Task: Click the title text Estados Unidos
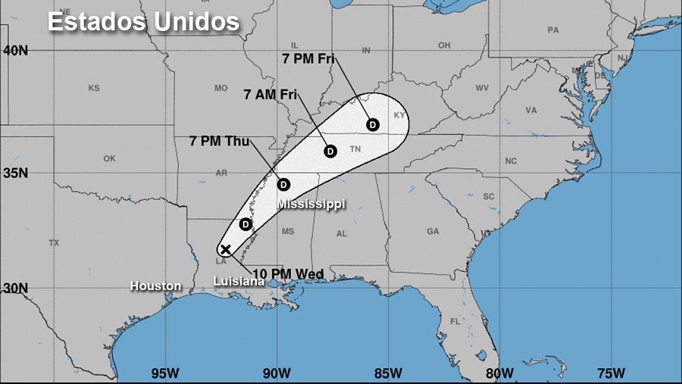(143, 22)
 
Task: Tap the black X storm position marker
(225, 249)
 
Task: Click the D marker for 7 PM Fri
(372, 124)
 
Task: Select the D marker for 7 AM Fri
(330, 151)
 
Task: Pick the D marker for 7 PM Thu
(283, 184)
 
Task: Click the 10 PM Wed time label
(288, 273)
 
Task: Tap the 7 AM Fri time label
(271, 95)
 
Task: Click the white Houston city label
(155, 286)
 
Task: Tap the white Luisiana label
(239, 281)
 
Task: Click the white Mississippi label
(311, 204)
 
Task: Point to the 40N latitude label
(15, 50)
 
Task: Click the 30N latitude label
(15, 289)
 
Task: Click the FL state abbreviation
(455, 321)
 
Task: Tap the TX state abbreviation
(54, 243)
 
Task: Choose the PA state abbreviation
(552, 30)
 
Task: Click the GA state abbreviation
(433, 231)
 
